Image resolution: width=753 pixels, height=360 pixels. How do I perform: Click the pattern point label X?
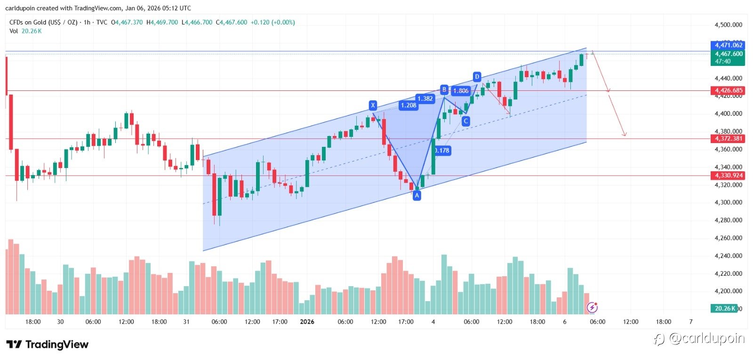(373, 105)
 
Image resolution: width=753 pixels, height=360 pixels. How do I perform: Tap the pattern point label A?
(417, 195)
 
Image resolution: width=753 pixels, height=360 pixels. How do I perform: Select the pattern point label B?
(444, 89)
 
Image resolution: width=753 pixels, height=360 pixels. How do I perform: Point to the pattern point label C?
(465, 121)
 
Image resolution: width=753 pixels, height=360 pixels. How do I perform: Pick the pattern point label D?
(477, 77)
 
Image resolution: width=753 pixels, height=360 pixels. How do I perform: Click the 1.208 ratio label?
(408, 105)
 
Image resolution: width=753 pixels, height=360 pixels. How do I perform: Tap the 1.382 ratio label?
(425, 99)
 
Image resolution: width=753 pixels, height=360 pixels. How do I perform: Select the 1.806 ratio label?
(461, 91)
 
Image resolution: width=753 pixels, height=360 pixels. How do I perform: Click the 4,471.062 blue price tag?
(728, 45)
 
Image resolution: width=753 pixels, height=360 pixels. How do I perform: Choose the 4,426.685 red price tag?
(728, 90)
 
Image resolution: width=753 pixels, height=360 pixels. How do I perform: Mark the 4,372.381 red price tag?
(728, 139)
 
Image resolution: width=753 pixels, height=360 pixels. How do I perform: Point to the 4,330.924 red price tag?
(728, 176)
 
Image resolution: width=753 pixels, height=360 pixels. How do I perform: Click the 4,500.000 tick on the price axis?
(728, 25)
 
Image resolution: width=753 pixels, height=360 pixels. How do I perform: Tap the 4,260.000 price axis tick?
(728, 238)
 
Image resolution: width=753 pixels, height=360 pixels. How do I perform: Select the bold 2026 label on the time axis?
(307, 322)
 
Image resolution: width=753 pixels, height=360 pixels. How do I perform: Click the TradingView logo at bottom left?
(47, 344)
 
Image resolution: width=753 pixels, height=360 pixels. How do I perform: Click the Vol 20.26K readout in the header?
(25, 31)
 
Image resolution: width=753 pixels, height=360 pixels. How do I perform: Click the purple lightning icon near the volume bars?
(592, 308)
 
